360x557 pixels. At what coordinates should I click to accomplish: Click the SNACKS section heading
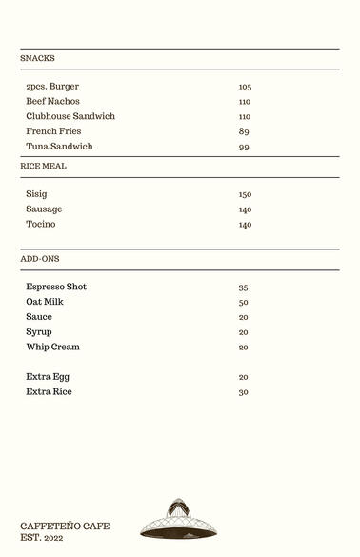tap(37, 58)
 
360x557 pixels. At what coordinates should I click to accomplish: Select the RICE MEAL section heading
tap(44, 166)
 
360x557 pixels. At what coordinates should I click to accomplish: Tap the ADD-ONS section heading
tap(40, 259)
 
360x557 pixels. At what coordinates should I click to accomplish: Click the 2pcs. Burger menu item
tap(52, 87)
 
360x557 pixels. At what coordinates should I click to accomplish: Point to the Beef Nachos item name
tap(52, 101)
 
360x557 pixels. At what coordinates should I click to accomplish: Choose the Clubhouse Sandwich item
tap(70, 116)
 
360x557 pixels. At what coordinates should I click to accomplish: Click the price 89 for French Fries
tap(244, 131)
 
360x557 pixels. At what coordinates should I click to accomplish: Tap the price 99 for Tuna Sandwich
tap(244, 147)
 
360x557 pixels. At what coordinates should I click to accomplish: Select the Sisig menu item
tap(36, 194)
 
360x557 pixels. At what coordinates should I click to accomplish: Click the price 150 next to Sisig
tap(245, 194)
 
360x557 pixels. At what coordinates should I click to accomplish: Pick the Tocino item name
tap(41, 225)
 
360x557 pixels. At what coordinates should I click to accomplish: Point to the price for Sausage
tap(245, 209)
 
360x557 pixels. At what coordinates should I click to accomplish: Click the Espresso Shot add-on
tap(56, 287)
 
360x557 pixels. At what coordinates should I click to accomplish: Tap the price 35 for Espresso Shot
tap(243, 288)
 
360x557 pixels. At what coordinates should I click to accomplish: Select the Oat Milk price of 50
tap(243, 303)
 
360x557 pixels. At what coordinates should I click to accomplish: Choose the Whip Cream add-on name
tap(52, 348)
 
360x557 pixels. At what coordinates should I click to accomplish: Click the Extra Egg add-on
tap(48, 377)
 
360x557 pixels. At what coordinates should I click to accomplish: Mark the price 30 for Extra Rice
tap(243, 392)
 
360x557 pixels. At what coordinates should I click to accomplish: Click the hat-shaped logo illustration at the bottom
tap(179, 520)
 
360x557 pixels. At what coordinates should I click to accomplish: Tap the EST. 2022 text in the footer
tap(42, 538)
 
